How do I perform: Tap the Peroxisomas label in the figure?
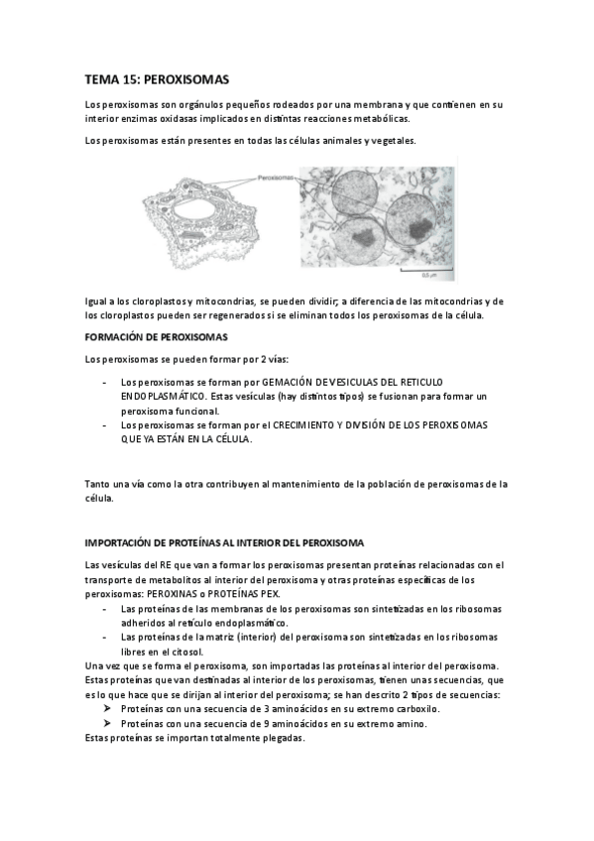tap(275, 180)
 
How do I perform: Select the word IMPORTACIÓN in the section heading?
tap(121, 542)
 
